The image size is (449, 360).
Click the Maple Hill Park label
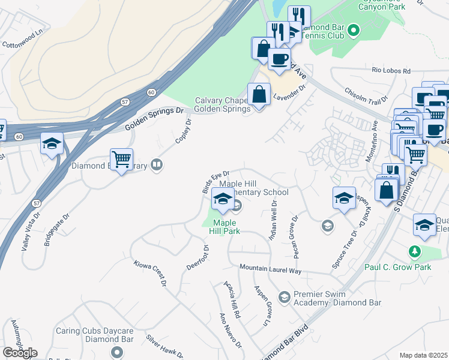[x=224, y=226]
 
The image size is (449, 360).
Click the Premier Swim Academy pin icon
[x=285, y=296]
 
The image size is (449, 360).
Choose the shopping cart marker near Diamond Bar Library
[x=122, y=160]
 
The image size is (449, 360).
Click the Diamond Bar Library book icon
[x=157, y=164]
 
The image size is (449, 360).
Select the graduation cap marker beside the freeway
[x=52, y=144]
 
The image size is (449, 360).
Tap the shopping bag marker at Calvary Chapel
[x=259, y=95]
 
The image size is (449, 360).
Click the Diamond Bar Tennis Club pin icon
[x=354, y=29]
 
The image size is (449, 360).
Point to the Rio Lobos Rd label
[x=390, y=71]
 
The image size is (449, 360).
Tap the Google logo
[x=20, y=353]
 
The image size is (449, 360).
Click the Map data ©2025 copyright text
[x=423, y=355]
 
